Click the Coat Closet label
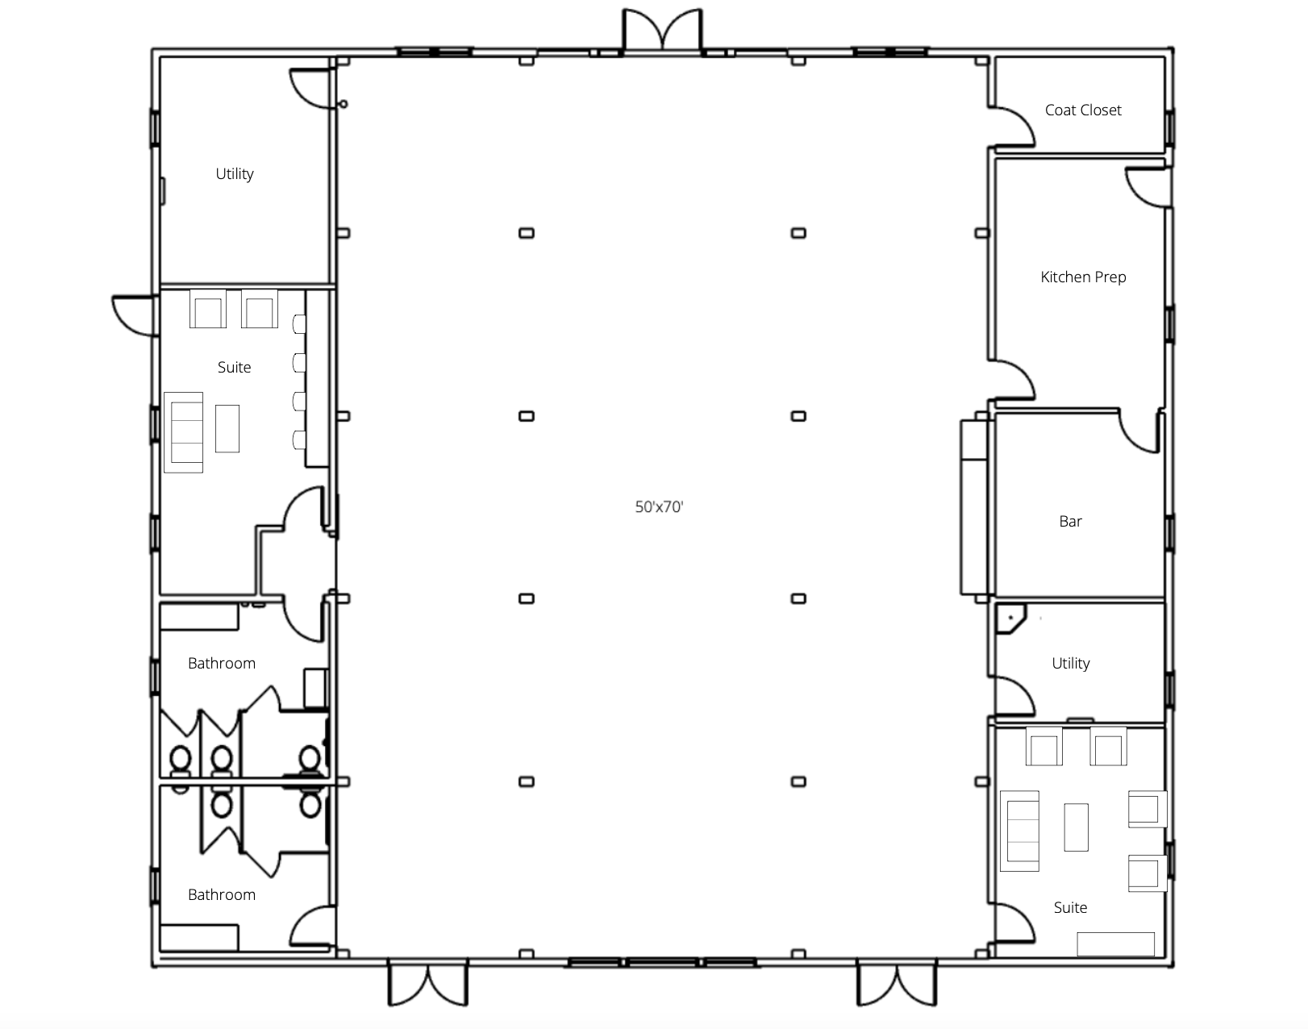(1083, 110)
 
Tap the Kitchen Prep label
(1083, 277)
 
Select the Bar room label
(1070, 522)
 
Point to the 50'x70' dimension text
(660, 507)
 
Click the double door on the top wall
(663, 31)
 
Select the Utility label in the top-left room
(235, 174)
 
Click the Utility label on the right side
(1070, 664)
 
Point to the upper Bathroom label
(221, 663)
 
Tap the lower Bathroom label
(221, 894)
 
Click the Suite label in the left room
(234, 367)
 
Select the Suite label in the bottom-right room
(1070, 907)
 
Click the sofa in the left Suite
(184, 432)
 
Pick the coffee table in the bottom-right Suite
(1076, 827)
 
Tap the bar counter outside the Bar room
(974, 507)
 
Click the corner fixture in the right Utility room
(1010, 619)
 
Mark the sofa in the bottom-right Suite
(1019, 831)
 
